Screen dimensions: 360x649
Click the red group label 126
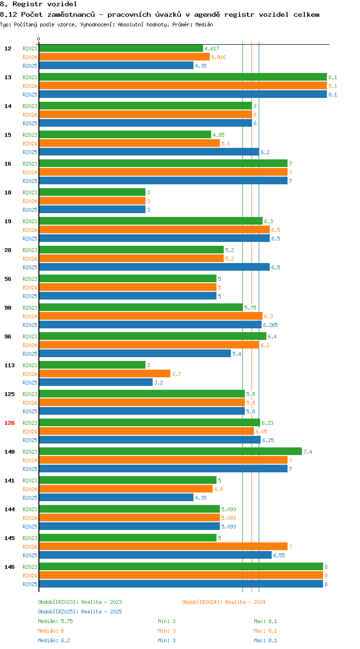pyautogui.click(x=9, y=423)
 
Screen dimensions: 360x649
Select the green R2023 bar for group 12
pyautogui.click(x=121, y=48)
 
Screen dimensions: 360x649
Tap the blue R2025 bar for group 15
pyautogui.click(x=149, y=152)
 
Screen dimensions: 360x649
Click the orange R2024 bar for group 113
pyautogui.click(x=105, y=374)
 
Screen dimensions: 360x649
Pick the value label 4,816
pyautogui.click(x=218, y=58)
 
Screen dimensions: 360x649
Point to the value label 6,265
pyautogui.click(x=270, y=325)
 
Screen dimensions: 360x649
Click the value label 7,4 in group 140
pyautogui.click(x=308, y=452)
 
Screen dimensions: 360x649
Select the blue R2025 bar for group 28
pyautogui.click(x=155, y=267)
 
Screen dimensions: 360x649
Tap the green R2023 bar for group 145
pyautogui.click(x=128, y=538)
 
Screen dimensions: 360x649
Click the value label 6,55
pyautogui.click(x=279, y=555)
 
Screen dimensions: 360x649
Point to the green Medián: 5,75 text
pyautogui.click(x=55, y=621)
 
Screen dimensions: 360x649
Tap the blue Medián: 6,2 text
pyautogui.click(x=54, y=640)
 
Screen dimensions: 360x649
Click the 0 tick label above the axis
pyautogui.click(x=38, y=39)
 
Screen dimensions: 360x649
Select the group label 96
pyautogui.click(x=8, y=337)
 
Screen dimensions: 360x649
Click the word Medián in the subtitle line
pyautogui.click(x=204, y=24)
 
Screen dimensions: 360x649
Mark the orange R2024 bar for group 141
pyautogui.click(x=126, y=489)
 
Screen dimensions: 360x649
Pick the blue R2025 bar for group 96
pyautogui.click(x=135, y=353)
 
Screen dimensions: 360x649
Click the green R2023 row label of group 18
pyautogui.click(x=30, y=192)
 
